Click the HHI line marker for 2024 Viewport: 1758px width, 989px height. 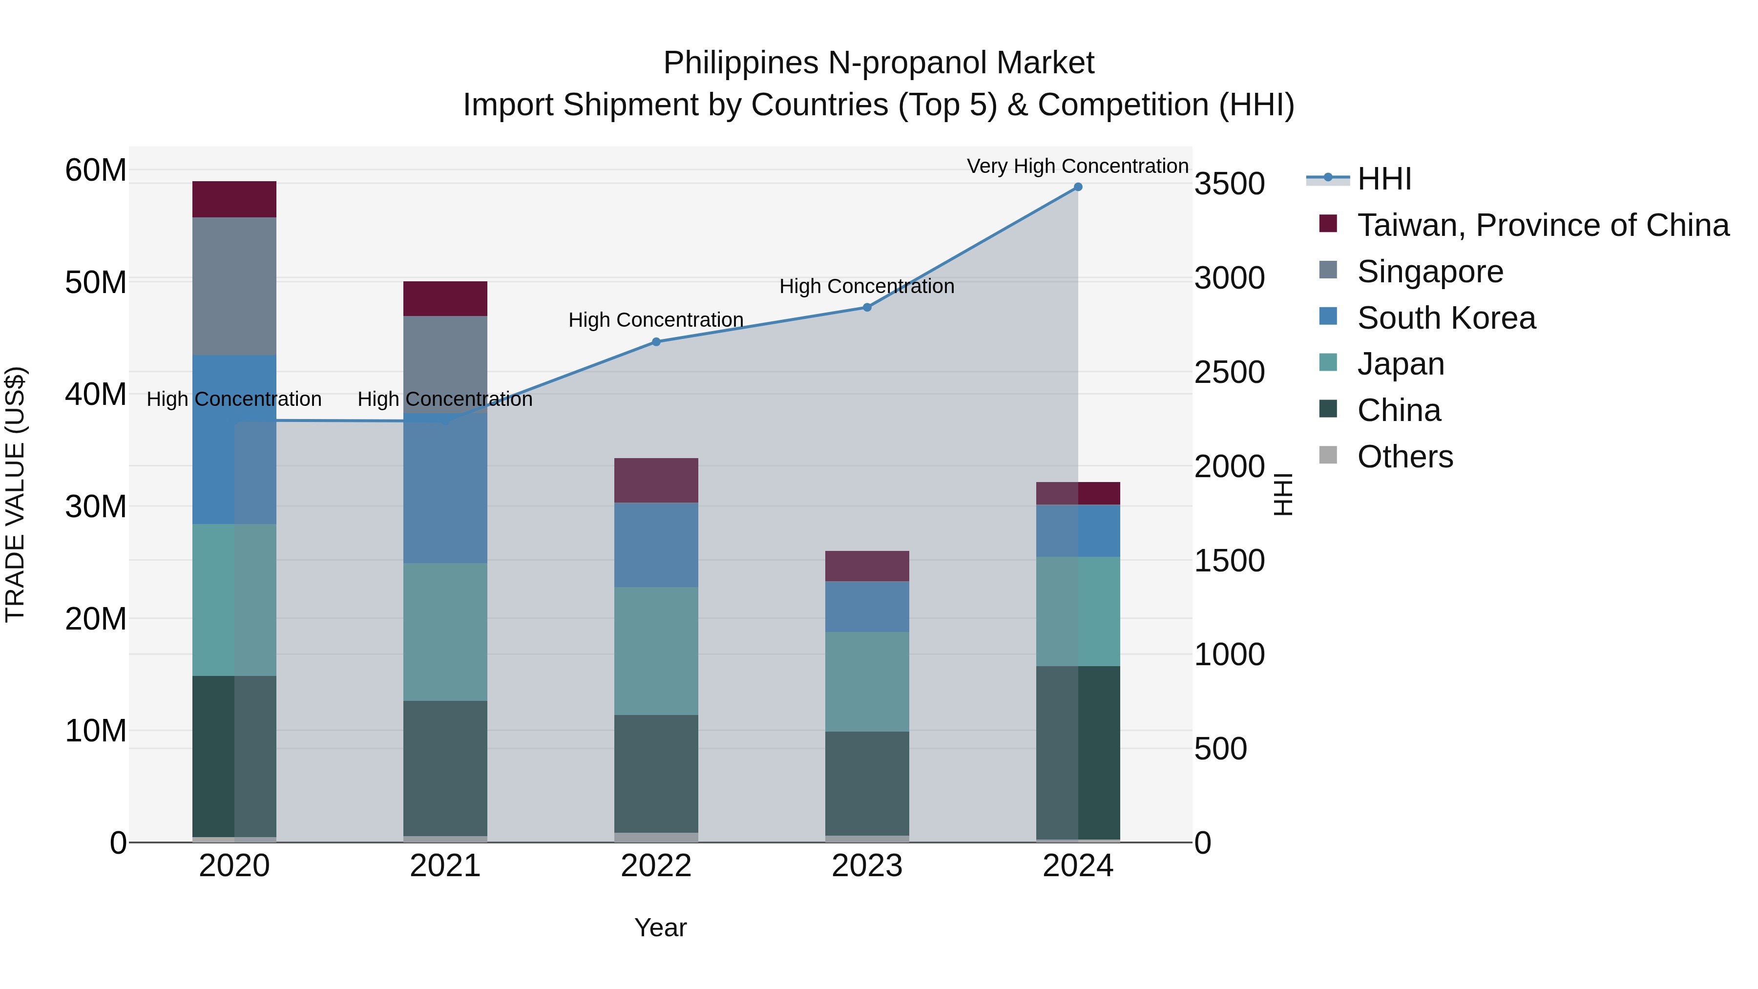coord(1078,187)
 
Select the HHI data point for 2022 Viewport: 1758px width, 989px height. coord(656,342)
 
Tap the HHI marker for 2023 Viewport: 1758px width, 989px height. coord(867,308)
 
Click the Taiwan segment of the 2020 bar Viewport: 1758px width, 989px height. coord(234,199)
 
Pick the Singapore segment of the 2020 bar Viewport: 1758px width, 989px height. coord(234,286)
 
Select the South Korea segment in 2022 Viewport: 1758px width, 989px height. coord(656,545)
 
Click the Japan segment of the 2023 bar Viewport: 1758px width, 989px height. coord(867,681)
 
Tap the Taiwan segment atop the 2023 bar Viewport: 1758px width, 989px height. coord(867,566)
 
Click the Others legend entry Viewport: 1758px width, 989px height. coord(1404,457)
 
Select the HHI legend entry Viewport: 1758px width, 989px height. coord(1383,179)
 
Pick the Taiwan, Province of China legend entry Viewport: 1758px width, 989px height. coord(1542,225)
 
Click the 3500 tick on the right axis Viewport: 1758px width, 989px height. coord(1229,184)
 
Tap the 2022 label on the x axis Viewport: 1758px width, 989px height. coord(656,866)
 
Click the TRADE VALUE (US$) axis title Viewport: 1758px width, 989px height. coord(15,494)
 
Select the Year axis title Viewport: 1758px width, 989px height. coord(660,927)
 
